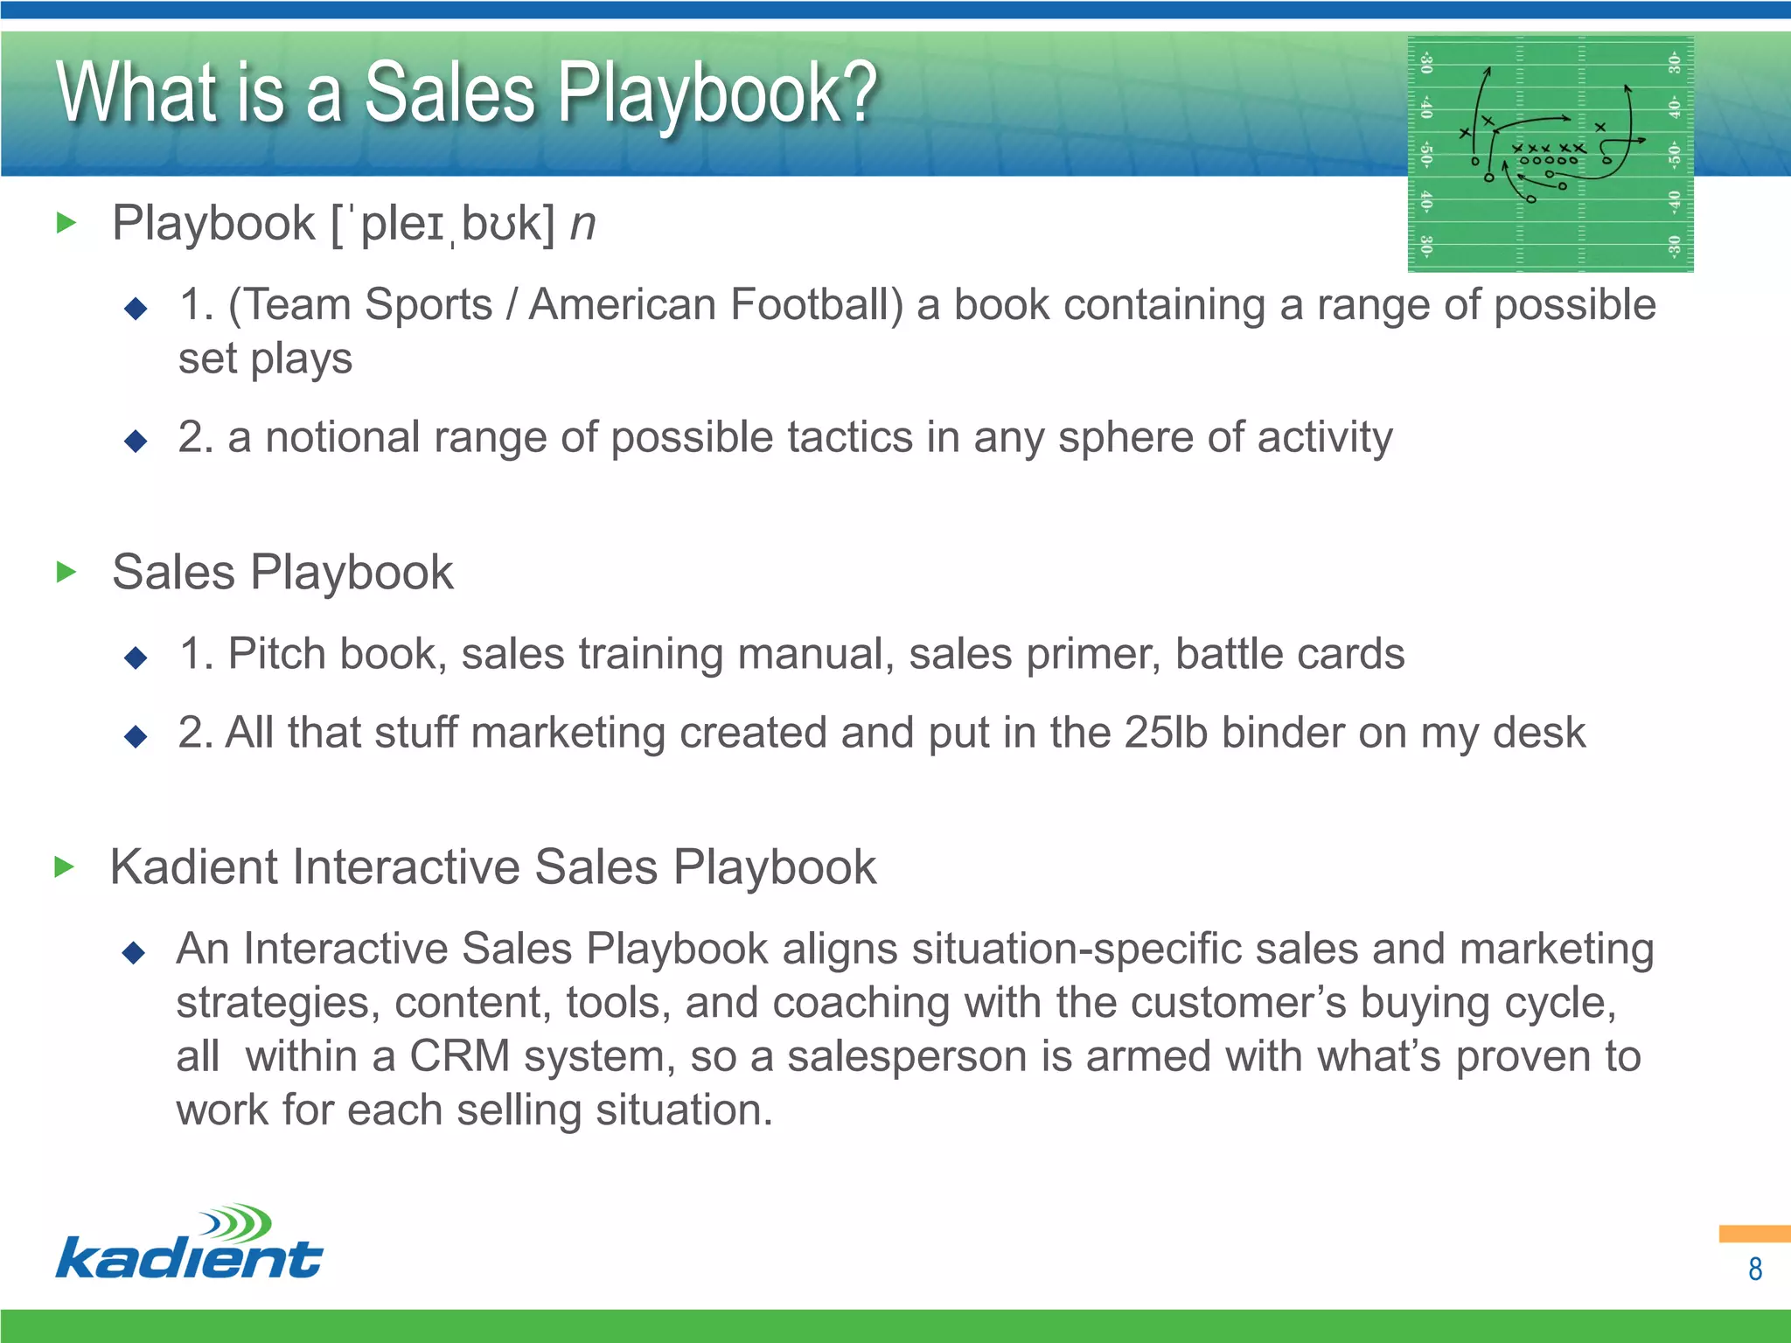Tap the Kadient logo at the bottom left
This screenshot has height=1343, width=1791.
pyautogui.click(x=189, y=1243)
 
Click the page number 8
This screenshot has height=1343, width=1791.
pyautogui.click(x=1754, y=1269)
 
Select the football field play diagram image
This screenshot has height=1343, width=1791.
pyautogui.click(x=1550, y=154)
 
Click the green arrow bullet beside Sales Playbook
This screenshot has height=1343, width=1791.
pyautogui.click(x=66, y=573)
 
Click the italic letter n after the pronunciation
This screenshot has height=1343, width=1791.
pyautogui.click(x=582, y=224)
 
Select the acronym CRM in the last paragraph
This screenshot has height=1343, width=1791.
pyautogui.click(x=460, y=1056)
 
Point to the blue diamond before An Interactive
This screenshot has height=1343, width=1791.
pyautogui.click(x=134, y=952)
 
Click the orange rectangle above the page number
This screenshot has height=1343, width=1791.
pyautogui.click(x=1753, y=1234)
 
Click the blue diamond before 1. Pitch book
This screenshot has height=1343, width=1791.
pyautogui.click(x=136, y=658)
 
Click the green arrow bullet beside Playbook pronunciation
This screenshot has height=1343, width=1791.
pyautogui.click(x=66, y=224)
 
